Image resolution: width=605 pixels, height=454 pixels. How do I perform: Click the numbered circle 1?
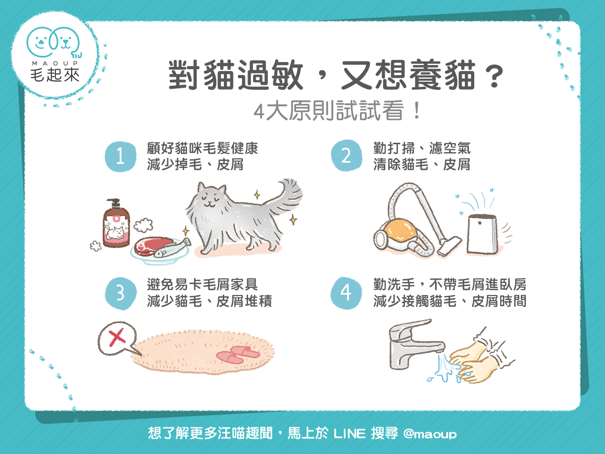[120, 156]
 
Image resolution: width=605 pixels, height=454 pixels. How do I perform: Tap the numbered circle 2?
[346, 156]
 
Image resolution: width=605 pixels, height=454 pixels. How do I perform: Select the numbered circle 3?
[120, 294]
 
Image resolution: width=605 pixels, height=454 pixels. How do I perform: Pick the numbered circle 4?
[346, 294]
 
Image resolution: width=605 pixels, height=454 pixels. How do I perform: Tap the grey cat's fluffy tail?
[285, 197]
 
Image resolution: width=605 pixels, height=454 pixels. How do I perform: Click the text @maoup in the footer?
[430, 433]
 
